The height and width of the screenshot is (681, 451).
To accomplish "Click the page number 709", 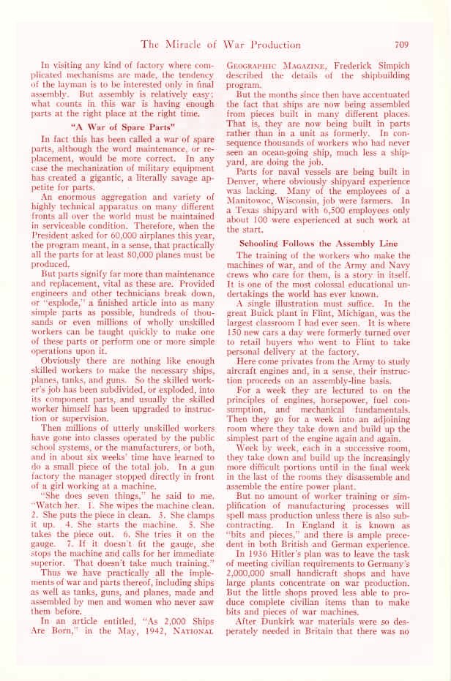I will coord(405,44).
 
